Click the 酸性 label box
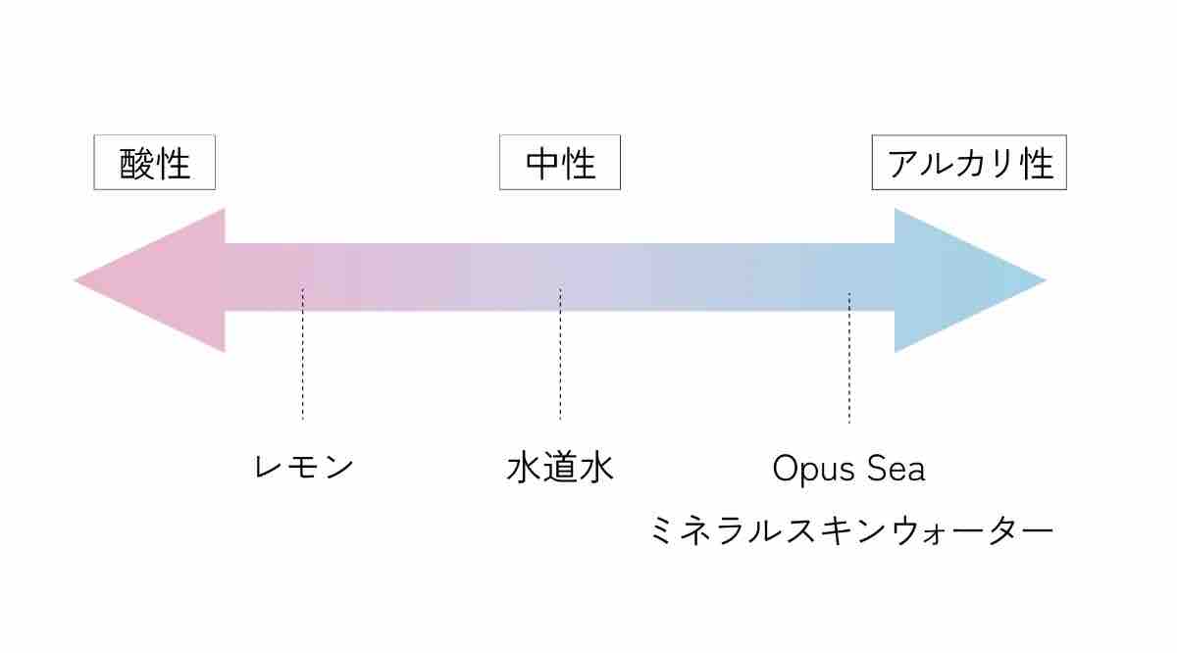pos(154,163)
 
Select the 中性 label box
pos(560,163)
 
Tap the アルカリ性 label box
pos(969,163)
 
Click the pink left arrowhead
pos(147,280)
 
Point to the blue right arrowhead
pos(971,280)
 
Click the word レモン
pos(303,467)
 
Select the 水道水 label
pos(560,467)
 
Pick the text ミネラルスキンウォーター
pos(850,531)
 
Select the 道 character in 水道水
pos(560,467)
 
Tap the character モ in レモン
pos(304,467)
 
